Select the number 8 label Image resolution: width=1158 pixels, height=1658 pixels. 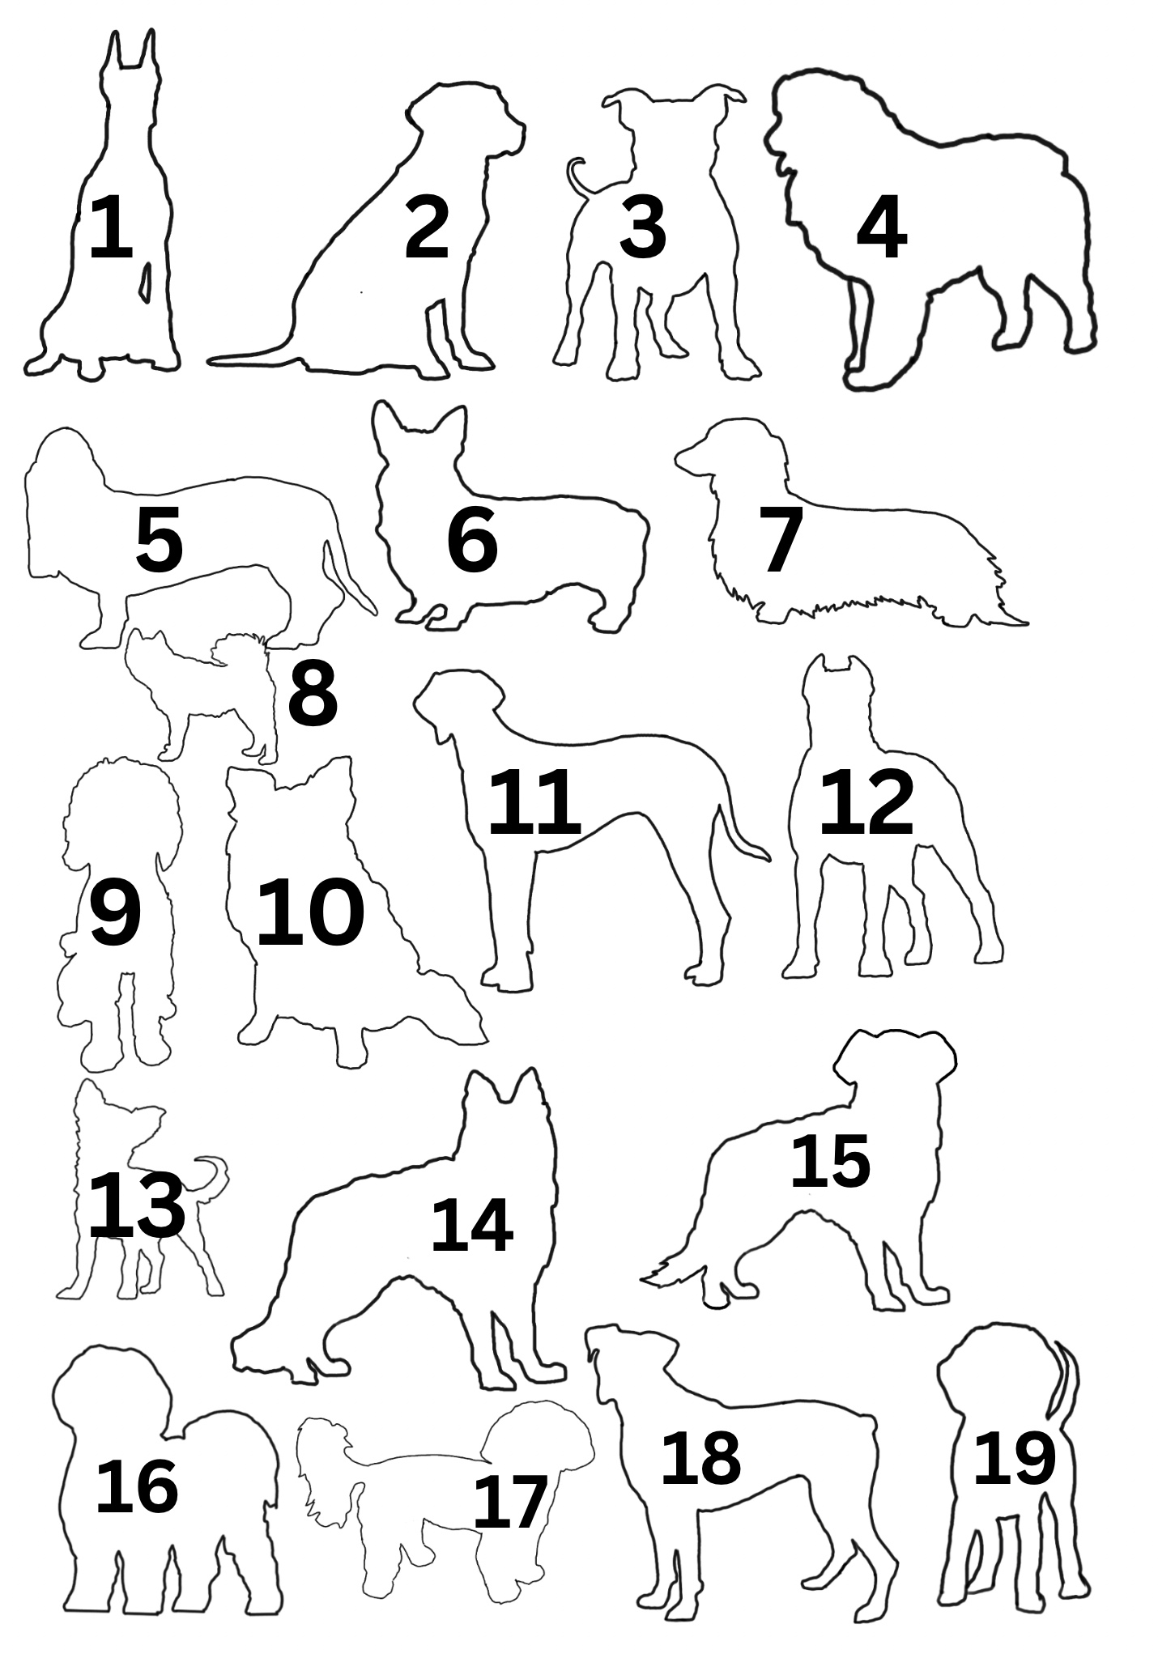(313, 693)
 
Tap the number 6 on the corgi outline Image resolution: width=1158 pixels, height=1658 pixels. (471, 540)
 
